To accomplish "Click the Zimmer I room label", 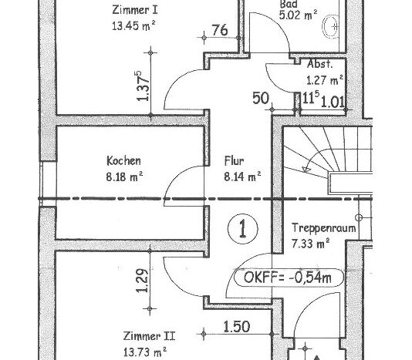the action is point(135,10).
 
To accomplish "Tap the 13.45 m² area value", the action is point(133,26).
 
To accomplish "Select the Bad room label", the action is point(289,4).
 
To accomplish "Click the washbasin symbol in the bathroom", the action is point(330,26).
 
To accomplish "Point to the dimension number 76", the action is point(220,30).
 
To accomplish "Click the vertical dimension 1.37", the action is point(143,86).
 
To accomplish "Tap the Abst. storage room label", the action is point(319,64).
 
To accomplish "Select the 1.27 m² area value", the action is point(325,80).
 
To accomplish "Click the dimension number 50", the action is point(261,98).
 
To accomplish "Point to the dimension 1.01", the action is point(333,102).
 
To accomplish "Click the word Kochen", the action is point(123,160).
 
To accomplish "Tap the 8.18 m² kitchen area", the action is point(124,177).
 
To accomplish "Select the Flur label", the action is point(234,160).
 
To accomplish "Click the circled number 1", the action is point(243,229).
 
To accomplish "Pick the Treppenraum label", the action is point(324,228).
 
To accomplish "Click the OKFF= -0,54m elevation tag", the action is point(289,278).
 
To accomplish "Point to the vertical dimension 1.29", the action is point(143,281).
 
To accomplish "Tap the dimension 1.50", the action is point(237,327).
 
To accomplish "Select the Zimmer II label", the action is point(149,336).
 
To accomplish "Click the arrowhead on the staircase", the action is point(306,170).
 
